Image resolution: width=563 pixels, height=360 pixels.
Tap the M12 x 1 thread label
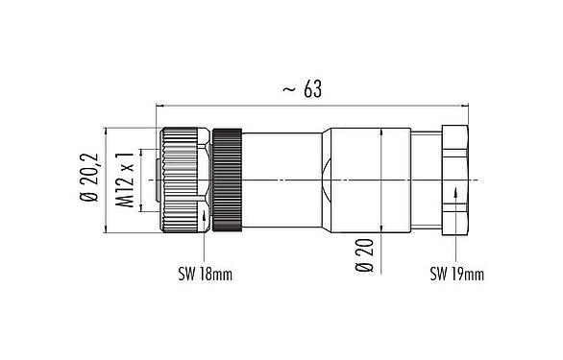pos(123,180)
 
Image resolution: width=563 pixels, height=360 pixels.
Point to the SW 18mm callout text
pos(205,275)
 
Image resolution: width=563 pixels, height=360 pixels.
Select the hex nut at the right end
pos(454,180)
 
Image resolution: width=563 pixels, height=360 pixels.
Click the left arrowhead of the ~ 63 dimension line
pos(159,104)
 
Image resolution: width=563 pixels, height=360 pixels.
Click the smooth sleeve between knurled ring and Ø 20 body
pos(281,180)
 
